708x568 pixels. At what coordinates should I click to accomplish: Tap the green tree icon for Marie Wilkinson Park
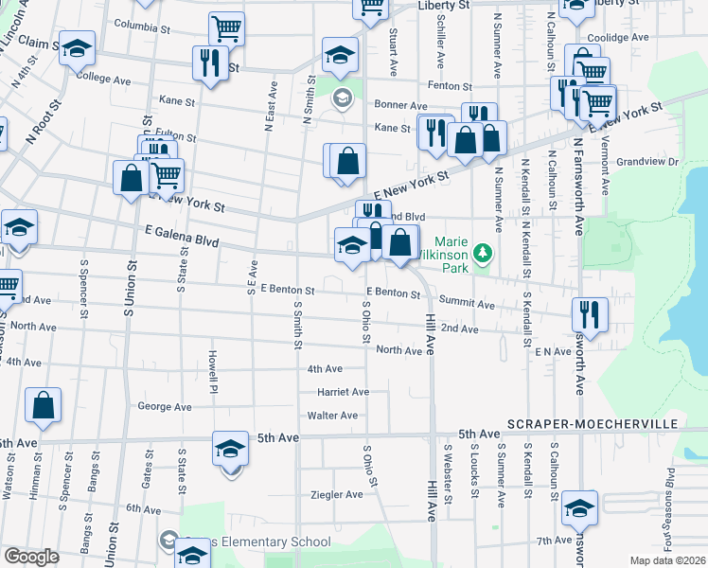(484, 252)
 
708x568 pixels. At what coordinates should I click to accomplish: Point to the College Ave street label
(103, 80)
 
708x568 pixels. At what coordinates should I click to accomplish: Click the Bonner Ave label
(400, 104)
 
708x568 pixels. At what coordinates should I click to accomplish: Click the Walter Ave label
(332, 415)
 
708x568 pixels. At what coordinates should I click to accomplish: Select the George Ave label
(165, 407)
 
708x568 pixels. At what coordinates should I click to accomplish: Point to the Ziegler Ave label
(337, 494)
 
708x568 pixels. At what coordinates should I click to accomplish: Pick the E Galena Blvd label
(182, 236)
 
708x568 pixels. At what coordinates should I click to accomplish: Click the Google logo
(31, 557)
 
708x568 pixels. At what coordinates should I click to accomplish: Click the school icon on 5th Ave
(230, 448)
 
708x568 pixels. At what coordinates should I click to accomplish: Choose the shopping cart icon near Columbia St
(226, 28)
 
